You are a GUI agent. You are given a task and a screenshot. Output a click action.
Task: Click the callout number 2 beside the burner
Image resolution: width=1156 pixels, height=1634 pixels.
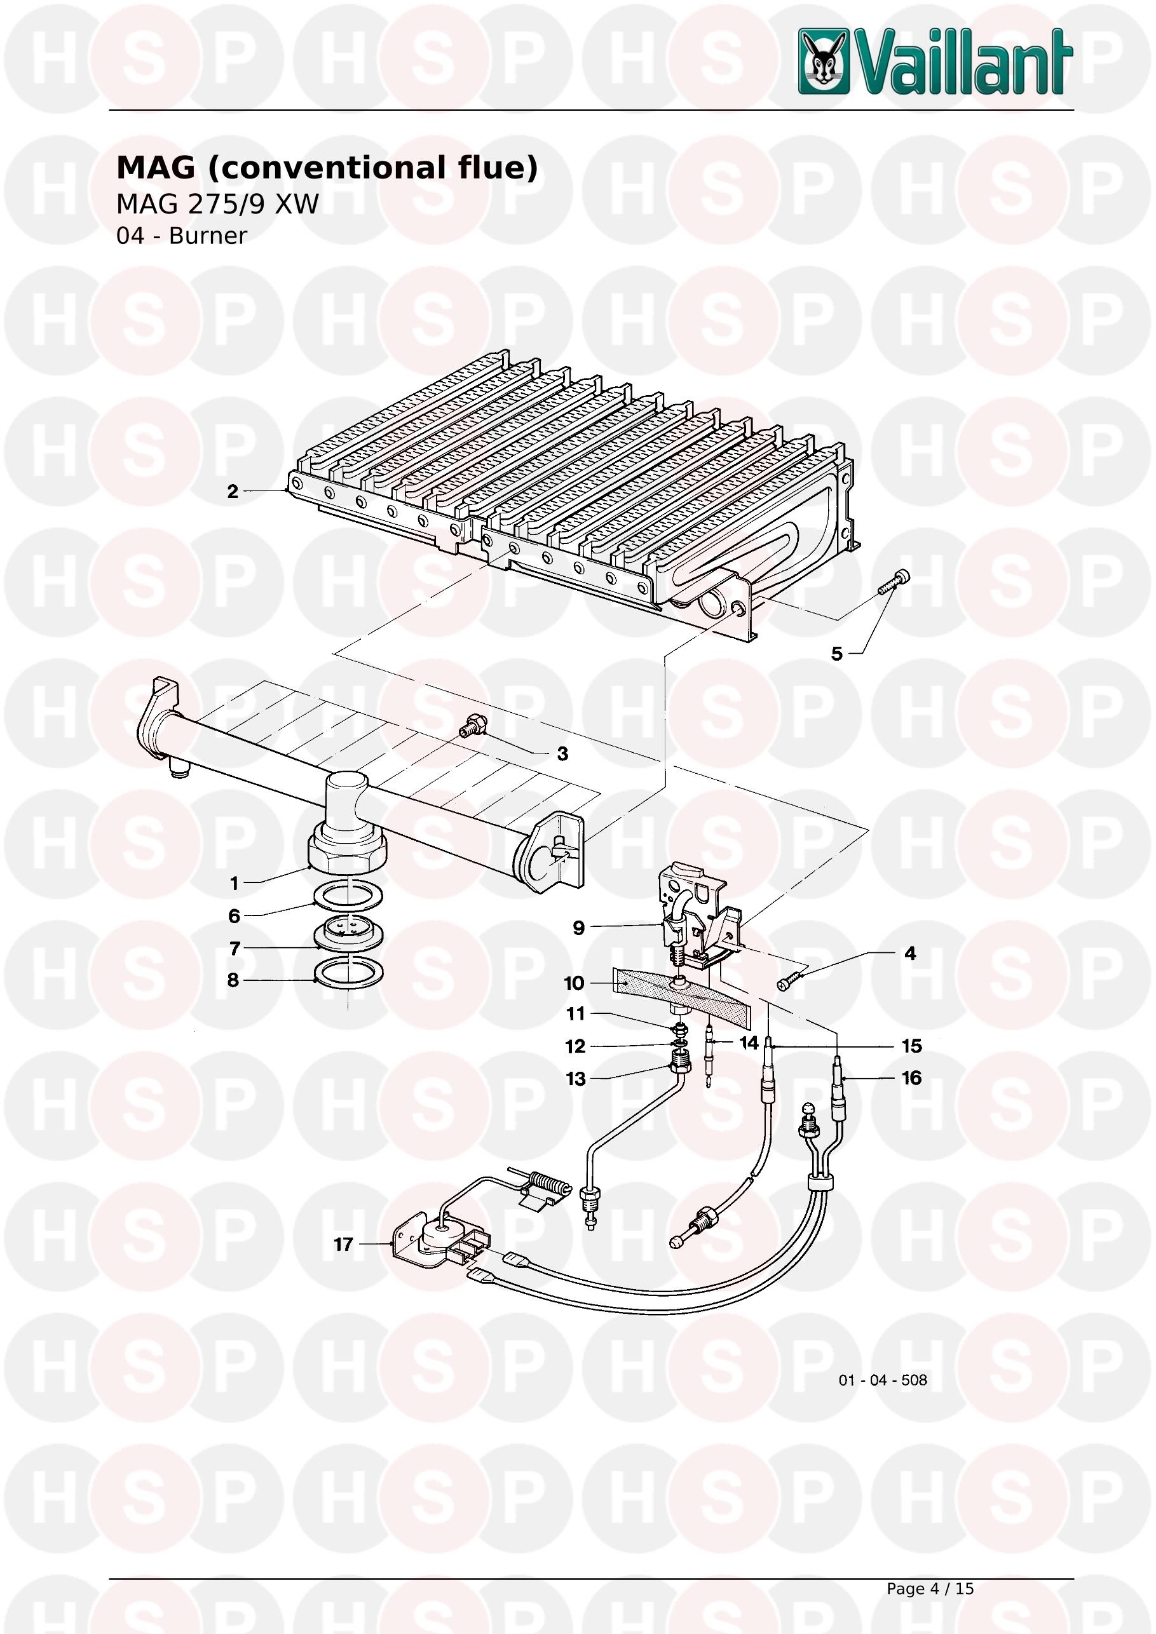coord(233,492)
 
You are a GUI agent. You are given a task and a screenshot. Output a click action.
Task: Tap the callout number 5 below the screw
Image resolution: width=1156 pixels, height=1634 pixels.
coord(837,654)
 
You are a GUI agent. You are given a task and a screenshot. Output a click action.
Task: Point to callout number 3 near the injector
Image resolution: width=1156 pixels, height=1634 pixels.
coord(562,754)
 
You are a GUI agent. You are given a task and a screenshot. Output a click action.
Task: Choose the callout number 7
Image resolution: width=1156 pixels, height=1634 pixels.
coord(235,949)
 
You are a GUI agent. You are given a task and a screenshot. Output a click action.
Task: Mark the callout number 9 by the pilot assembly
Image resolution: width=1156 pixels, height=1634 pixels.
coord(579,928)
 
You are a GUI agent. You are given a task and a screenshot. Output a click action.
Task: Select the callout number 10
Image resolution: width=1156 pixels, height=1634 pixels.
coord(574,983)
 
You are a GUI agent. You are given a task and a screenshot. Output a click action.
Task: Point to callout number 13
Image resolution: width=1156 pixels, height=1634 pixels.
coord(575,1079)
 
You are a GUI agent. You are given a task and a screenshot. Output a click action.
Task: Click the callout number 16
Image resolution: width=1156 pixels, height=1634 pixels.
coord(912,1078)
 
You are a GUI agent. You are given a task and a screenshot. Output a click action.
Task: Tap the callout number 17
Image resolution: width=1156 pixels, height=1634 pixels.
coord(344,1245)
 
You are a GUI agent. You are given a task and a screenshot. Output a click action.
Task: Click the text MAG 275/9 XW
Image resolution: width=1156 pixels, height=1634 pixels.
coord(218,205)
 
